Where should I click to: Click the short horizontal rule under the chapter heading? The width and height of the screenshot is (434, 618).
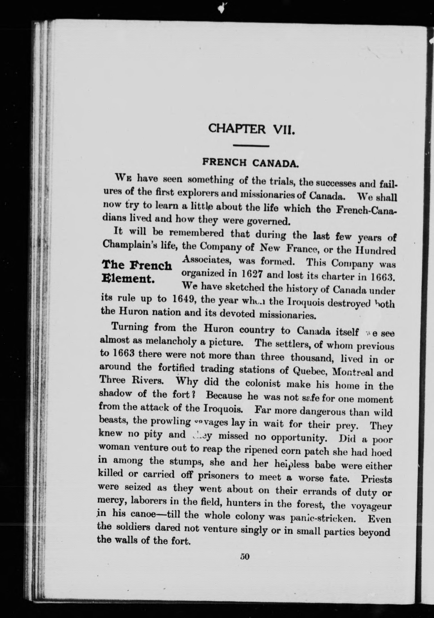[x=251, y=146]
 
